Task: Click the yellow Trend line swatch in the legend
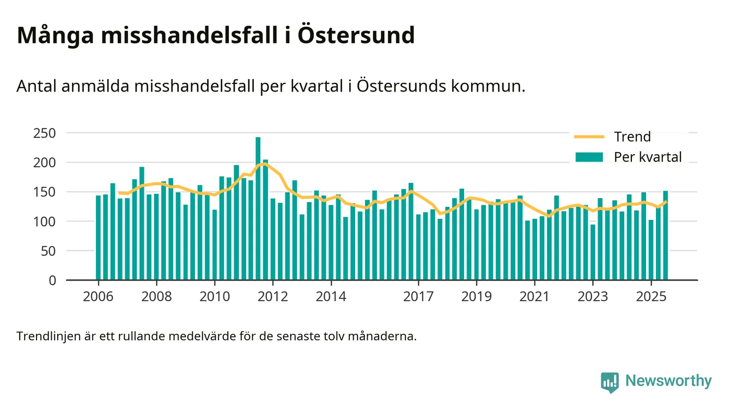pos(589,137)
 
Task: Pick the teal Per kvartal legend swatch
pos(589,157)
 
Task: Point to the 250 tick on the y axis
pos(45,133)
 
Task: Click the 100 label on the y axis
pos(45,222)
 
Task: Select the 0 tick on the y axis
pos(52,280)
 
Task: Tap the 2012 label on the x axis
pos(272,297)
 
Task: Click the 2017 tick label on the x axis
pos(418,297)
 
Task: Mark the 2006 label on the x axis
pos(98,297)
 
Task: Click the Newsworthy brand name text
pos(668,381)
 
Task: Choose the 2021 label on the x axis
pos(534,297)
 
